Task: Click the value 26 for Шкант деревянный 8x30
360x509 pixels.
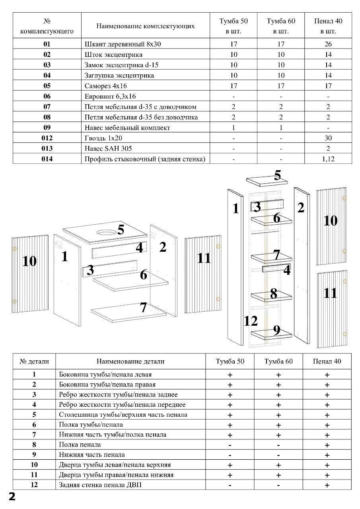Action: (x=328, y=44)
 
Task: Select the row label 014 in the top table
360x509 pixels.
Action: (x=47, y=159)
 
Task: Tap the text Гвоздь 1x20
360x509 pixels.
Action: (x=102, y=138)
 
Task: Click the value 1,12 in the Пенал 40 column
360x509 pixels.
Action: (x=328, y=159)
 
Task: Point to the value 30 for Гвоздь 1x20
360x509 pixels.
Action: (x=328, y=138)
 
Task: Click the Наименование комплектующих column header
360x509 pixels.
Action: (x=146, y=26)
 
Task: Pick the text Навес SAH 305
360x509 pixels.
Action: (x=108, y=149)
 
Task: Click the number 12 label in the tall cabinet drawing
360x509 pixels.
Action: (x=251, y=321)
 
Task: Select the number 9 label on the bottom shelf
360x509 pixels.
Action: (x=276, y=330)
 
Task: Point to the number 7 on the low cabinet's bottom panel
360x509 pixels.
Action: (x=143, y=307)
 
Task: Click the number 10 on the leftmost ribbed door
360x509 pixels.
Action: (x=29, y=261)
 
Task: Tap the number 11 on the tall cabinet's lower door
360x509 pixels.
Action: (x=330, y=293)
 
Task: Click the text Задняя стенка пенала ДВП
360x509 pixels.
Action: (x=100, y=485)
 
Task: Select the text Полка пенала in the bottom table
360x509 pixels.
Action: (x=80, y=445)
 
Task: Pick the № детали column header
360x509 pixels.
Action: (x=34, y=361)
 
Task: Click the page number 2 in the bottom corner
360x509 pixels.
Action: (x=12, y=497)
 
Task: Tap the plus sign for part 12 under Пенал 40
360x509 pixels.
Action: (x=327, y=485)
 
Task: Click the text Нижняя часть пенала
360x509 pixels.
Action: (x=91, y=455)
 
